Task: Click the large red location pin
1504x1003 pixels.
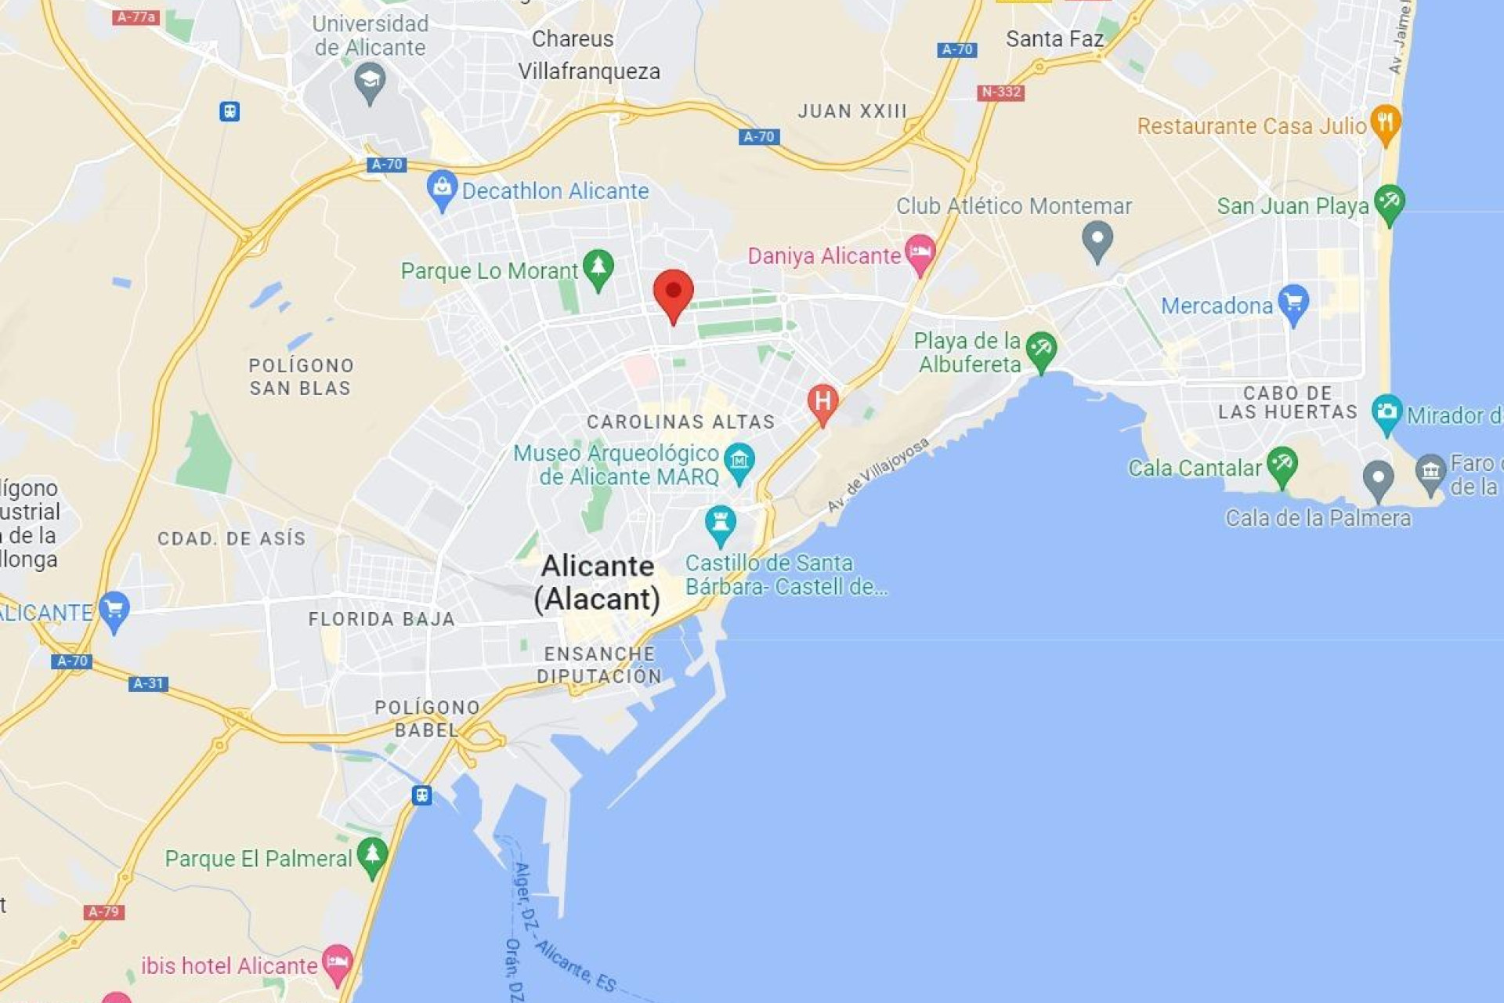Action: coord(673,293)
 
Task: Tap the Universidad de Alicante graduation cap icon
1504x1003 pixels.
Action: coord(370,81)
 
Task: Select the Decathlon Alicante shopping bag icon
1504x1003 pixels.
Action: coord(442,189)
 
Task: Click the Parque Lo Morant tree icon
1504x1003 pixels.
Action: coord(598,268)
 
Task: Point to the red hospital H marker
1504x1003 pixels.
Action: coord(822,403)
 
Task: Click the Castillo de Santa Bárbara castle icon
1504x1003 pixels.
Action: coord(720,524)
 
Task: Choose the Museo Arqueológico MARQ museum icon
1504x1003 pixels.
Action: coord(739,462)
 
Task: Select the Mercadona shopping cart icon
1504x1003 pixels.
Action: coord(1293,303)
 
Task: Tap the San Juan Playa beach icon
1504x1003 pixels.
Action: coord(1390,203)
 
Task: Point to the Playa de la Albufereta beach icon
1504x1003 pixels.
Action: coord(1041,350)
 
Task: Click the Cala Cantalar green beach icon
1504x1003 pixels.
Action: coord(1282,465)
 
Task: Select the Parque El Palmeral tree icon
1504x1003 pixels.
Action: coord(372,856)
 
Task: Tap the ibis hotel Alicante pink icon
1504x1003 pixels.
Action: coord(338,963)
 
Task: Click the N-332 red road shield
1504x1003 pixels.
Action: coord(1000,92)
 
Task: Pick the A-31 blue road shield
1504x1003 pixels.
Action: coord(148,683)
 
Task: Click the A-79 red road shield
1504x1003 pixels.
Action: coord(104,912)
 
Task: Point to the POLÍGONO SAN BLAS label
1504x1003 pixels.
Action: coord(301,377)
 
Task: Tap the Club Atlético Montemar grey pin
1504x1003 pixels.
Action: coord(1097,239)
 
